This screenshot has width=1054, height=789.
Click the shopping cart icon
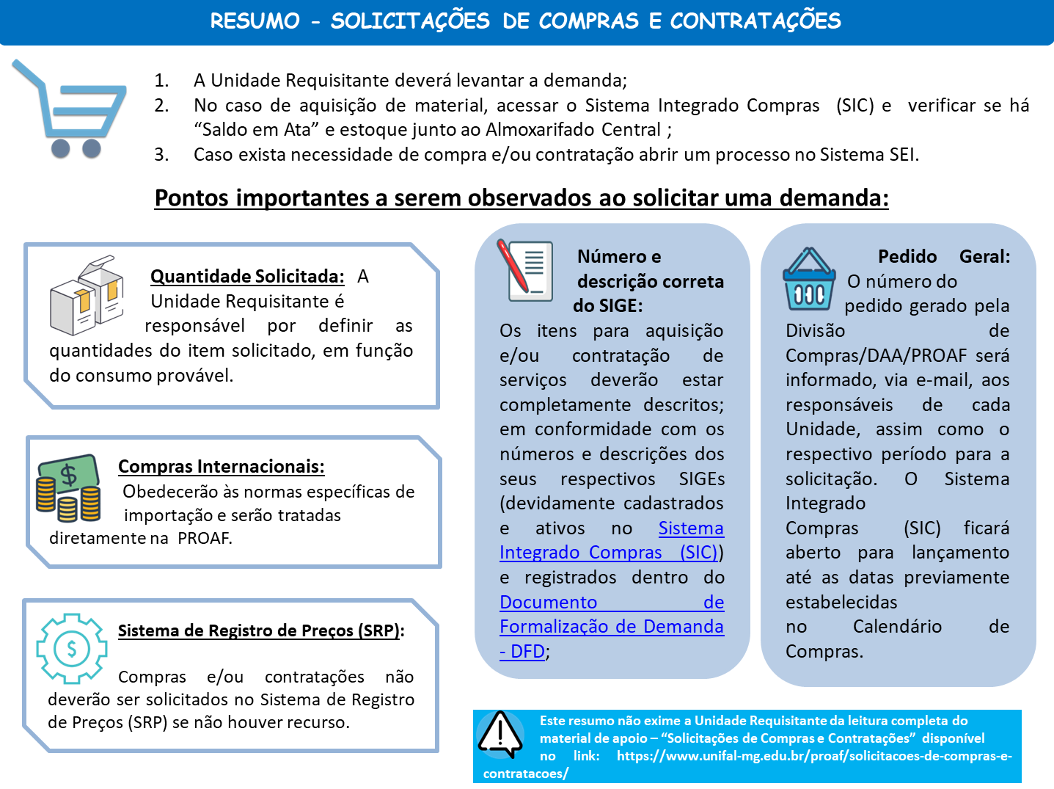click(70, 109)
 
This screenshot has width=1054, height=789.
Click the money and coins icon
click(68, 487)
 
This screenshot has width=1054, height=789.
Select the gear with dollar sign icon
click(72, 649)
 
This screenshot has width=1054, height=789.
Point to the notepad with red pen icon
click(525, 270)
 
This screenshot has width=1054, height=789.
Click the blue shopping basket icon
click(808, 280)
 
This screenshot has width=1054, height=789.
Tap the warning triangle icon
click(500, 735)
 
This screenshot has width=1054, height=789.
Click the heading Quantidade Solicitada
click(247, 277)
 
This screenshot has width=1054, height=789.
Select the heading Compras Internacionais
click(221, 467)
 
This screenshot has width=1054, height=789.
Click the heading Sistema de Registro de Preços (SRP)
click(261, 630)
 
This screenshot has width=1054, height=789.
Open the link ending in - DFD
click(523, 651)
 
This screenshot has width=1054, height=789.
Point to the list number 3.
click(161, 155)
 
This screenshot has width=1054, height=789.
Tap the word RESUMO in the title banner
click(255, 21)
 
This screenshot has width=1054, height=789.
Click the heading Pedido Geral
click(943, 257)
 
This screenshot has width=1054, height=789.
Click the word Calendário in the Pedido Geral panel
click(897, 627)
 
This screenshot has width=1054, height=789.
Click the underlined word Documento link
click(548, 603)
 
